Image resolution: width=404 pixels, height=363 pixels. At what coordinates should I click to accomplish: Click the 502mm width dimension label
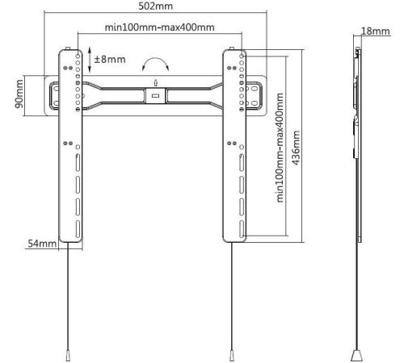pos(155,6)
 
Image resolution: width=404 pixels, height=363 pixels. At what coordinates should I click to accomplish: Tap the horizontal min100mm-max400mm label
pos(159,27)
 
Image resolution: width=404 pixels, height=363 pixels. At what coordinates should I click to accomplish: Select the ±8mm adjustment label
pos(110,59)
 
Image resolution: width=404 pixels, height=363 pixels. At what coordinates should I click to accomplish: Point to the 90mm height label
pos(19,94)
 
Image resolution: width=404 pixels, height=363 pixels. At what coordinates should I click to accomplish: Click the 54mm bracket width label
pos(42,244)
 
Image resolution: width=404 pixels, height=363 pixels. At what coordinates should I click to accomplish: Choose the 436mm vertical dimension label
pos(296,148)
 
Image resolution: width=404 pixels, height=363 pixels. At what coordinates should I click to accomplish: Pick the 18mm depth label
pos(376,31)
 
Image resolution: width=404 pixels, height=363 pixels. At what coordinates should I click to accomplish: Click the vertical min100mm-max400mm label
pos(280,148)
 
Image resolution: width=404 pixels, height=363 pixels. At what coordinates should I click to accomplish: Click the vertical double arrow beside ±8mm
pos(90,60)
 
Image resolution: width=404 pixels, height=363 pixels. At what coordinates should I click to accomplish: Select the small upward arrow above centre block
pos(155,82)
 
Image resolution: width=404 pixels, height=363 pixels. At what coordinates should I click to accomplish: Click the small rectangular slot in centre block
pos(155,95)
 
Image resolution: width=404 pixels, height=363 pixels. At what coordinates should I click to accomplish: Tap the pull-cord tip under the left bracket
pos(68,355)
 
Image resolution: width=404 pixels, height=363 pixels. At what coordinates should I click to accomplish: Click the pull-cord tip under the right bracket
pos(232,355)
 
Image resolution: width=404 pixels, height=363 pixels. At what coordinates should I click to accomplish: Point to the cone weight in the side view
pos(356,355)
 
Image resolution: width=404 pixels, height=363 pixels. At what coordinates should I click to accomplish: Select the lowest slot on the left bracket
pos(78,229)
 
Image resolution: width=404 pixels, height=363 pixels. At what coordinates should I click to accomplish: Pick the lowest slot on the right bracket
pos(242,229)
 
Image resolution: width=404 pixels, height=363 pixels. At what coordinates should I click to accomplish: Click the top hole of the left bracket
pos(78,56)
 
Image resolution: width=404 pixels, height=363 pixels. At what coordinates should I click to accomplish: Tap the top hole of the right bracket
pos(242,56)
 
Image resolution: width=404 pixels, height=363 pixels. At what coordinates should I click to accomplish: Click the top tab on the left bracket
pos(68,48)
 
